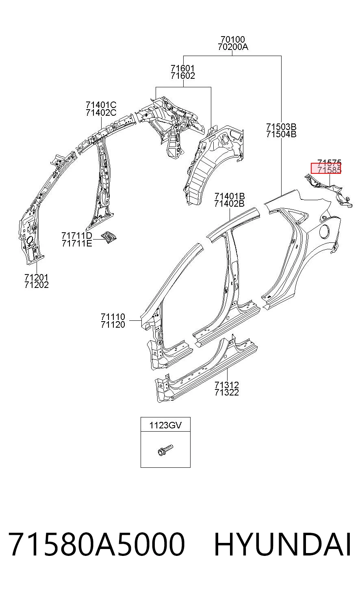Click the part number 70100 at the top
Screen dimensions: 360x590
(x=232, y=39)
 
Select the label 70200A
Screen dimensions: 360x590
(x=233, y=47)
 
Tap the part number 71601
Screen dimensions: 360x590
(x=182, y=69)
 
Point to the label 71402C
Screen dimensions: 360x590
(x=101, y=112)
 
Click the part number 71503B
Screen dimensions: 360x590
(x=281, y=127)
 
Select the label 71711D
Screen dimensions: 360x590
(x=77, y=236)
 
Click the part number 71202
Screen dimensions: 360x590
(x=37, y=285)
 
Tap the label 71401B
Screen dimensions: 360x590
(x=230, y=196)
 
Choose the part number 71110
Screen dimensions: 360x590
(x=113, y=317)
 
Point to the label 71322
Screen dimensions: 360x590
(x=227, y=393)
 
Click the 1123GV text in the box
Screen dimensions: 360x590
(x=165, y=426)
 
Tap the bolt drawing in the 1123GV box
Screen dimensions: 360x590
(x=165, y=450)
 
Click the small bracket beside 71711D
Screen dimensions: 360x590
(x=109, y=237)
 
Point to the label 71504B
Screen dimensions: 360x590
(x=281, y=134)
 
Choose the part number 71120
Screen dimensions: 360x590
(x=113, y=324)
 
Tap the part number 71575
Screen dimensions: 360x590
(x=329, y=162)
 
